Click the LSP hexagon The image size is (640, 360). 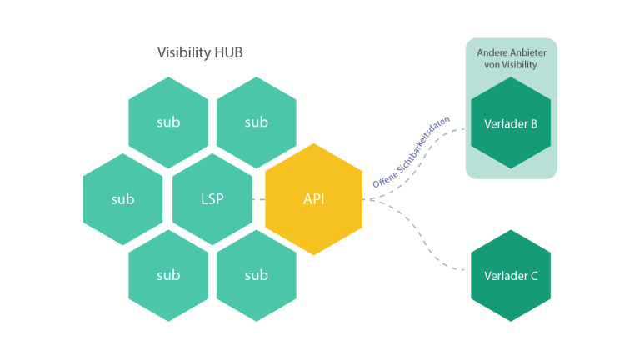click(x=212, y=199)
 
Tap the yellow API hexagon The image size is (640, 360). click(x=314, y=199)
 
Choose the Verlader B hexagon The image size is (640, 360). click(x=511, y=122)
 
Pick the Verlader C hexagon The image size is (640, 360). click(x=511, y=276)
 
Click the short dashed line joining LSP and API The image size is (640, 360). click(x=259, y=199)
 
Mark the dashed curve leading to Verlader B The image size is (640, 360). click(x=420, y=162)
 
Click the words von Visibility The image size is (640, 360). click(x=511, y=64)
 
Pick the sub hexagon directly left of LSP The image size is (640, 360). click(x=122, y=199)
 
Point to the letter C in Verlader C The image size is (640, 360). click(x=534, y=276)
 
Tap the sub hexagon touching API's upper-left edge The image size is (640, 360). click(x=257, y=122)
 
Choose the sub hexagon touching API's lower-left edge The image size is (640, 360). click(x=257, y=276)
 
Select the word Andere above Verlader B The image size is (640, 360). click(x=491, y=52)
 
